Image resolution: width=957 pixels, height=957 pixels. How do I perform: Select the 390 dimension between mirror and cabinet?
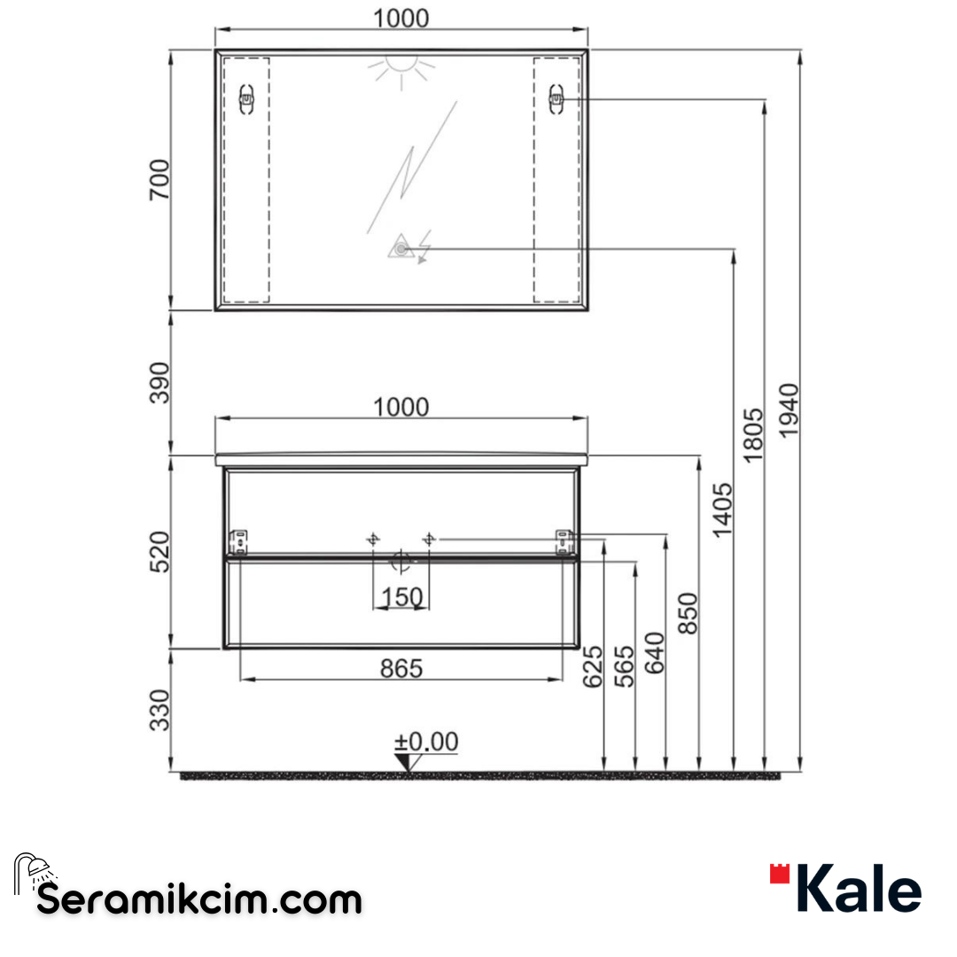[159, 382]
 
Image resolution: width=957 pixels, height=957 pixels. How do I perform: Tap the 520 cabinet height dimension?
[159, 550]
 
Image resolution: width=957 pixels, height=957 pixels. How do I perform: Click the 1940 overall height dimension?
[789, 409]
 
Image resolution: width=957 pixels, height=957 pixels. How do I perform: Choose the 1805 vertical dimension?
[753, 434]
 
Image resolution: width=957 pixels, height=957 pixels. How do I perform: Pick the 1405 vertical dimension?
[722, 510]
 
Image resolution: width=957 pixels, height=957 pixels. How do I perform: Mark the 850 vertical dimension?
[689, 613]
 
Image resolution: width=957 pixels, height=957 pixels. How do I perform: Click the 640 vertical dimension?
[656, 653]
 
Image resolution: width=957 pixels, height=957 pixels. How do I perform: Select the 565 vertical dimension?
[625, 666]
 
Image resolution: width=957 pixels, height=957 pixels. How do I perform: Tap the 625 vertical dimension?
[593, 666]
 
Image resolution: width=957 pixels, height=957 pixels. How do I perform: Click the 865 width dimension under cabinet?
[401, 669]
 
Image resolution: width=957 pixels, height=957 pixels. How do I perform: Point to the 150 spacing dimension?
[401, 598]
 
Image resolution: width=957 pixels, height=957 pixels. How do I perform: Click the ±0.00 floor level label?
[426, 743]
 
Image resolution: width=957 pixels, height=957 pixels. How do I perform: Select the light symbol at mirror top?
[402, 69]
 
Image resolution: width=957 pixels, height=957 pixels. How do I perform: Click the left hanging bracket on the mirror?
[247, 99]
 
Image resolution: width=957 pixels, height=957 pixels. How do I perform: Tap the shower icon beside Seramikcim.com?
[33, 872]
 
